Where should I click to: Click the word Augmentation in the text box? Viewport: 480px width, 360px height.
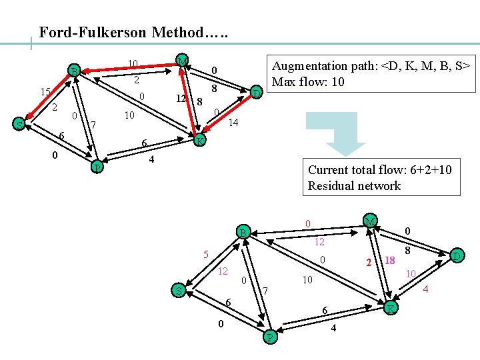310,66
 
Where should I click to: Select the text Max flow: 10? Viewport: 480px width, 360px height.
309,81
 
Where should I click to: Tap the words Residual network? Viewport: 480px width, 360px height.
354,185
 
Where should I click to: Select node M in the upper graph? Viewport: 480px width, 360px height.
181,61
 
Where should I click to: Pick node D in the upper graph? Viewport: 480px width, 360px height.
256,93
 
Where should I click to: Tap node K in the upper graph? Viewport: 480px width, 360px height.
199,140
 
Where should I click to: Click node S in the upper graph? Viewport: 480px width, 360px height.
20,124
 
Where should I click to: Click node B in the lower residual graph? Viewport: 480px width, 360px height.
244,233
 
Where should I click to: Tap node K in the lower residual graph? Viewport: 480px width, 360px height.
391,307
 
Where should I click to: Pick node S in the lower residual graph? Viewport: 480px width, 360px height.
178,290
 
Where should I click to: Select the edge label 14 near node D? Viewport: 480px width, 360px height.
233,123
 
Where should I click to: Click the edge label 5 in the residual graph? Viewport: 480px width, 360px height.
207,254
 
